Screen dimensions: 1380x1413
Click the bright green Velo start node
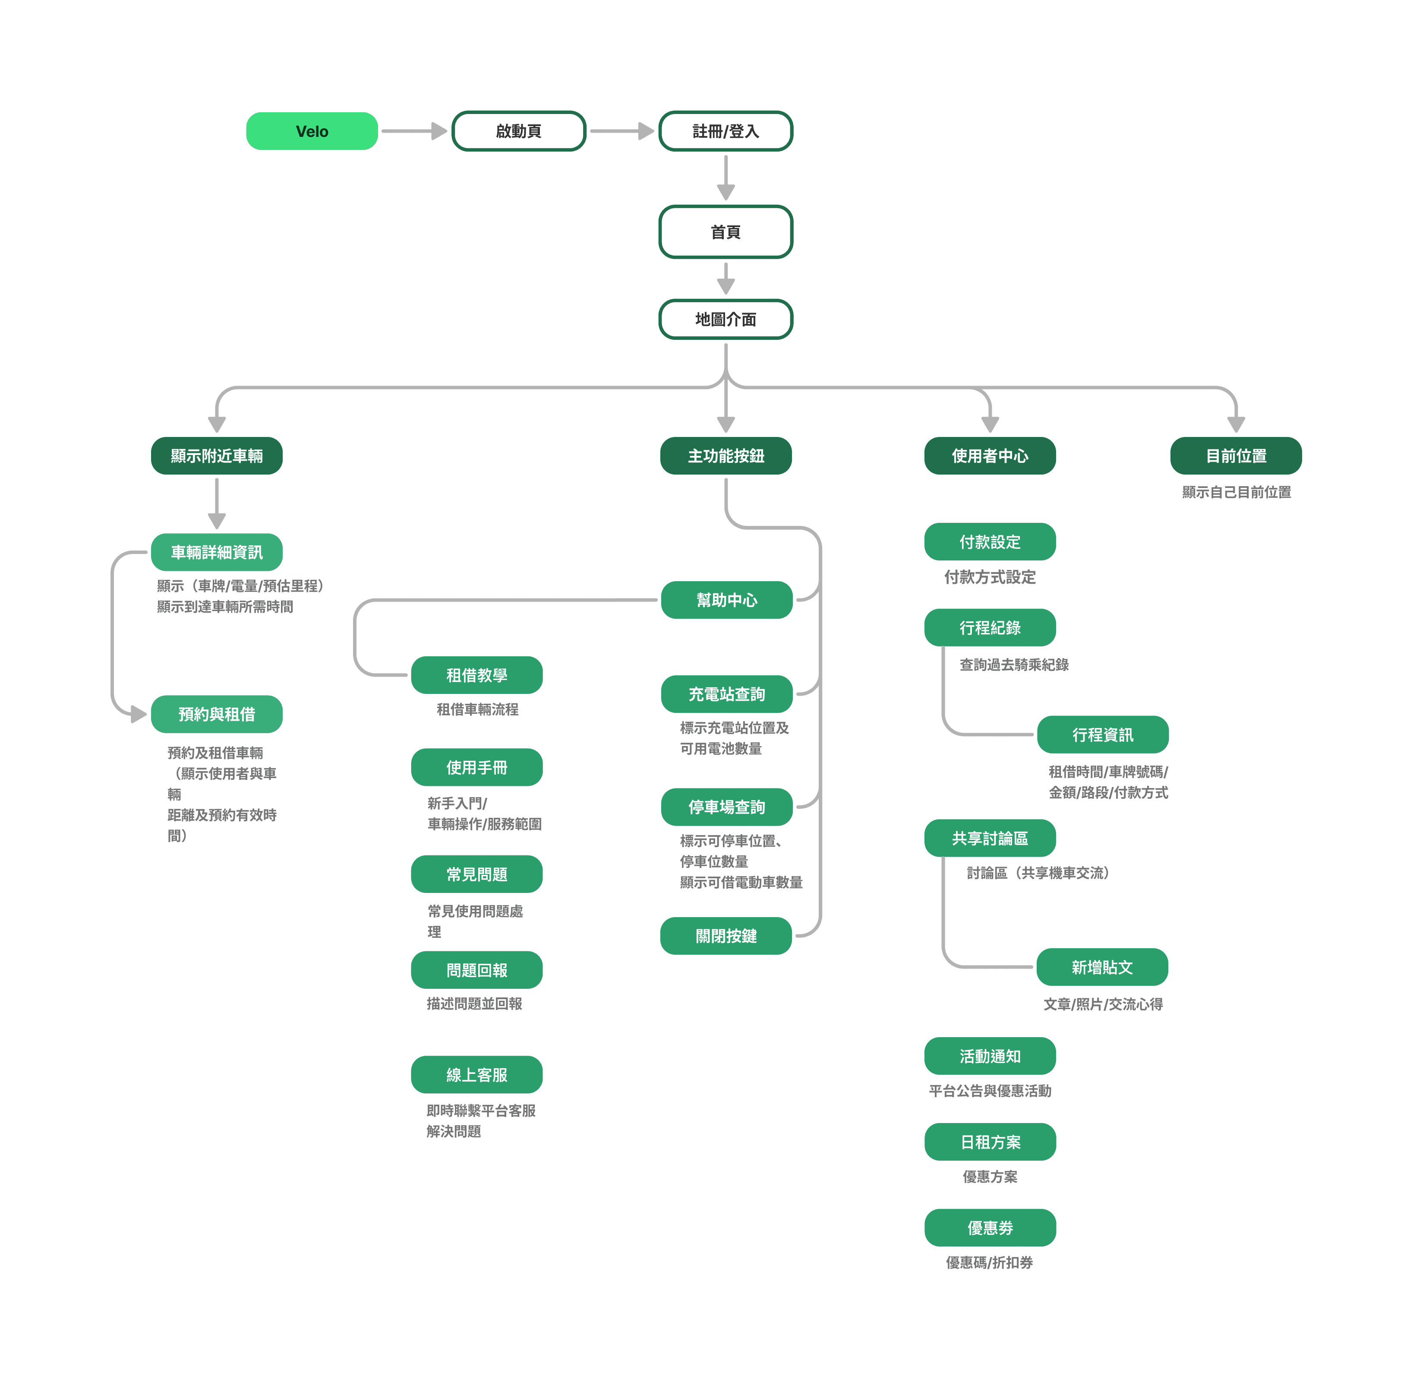point(312,131)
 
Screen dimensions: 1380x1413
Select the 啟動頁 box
point(519,131)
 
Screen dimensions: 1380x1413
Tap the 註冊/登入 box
point(725,131)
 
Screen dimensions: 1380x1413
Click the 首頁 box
point(725,232)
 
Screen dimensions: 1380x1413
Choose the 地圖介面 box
point(725,319)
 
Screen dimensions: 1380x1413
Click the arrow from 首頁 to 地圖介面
point(725,279)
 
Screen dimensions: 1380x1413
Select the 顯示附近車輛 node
point(217,456)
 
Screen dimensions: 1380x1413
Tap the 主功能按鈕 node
point(725,456)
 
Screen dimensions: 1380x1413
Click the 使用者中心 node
point(990,456)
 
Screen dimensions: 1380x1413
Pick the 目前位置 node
point(1236,456)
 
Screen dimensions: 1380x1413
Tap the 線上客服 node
point(477,1075)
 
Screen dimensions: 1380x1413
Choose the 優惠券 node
point(990,1228)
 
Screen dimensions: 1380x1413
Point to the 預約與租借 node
point(217,715)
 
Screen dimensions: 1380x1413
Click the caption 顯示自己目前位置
point(1236,492)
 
